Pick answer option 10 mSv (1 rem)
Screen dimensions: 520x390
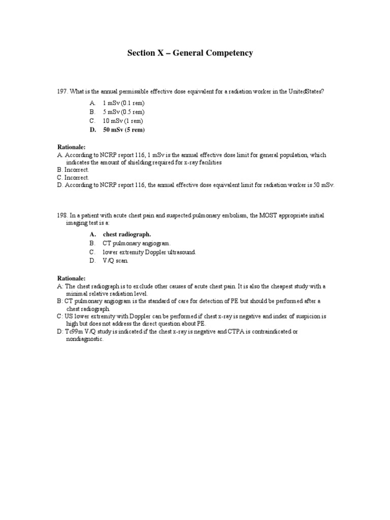(123, 121)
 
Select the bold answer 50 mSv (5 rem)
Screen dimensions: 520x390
(123, 130)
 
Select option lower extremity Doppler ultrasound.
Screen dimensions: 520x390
(149, 252)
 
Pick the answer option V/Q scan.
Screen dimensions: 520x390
(116, 261)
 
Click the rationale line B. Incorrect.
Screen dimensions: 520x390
(73, 170)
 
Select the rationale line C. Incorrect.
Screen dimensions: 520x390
(73, 178)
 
